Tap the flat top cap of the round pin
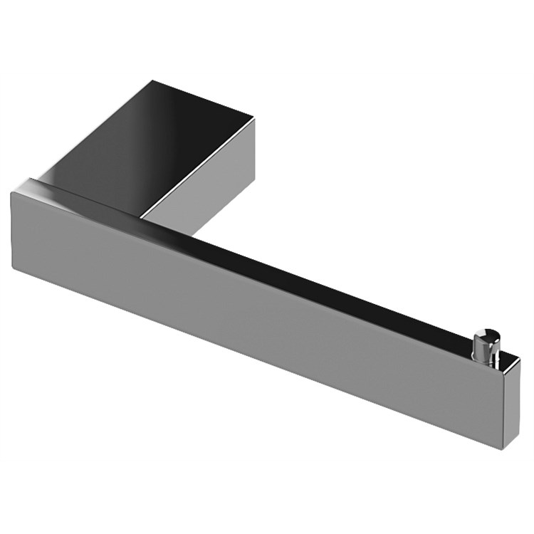(x=487, y=332)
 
